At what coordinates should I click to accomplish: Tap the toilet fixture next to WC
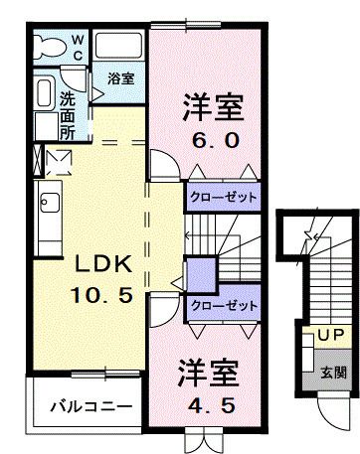click(48, 47)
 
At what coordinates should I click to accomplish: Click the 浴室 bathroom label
click(121, 76)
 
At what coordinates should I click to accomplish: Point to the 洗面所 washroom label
click(67, 114)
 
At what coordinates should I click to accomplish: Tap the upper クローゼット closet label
click(224, 198)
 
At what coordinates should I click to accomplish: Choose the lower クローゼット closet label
click(224, 304)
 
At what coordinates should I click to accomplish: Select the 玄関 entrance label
click(333, 374)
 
